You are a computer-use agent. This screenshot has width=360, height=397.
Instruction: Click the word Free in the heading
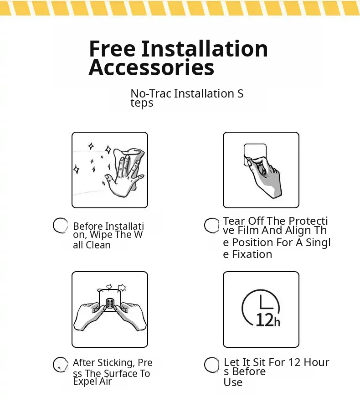(x=112, y=48)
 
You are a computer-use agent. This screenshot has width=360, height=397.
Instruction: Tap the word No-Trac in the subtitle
(x=151, y=93)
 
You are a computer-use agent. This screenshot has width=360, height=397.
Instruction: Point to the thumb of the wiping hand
(x=109, y=179)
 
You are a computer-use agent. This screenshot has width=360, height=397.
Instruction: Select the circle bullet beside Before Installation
(x=60, y=225)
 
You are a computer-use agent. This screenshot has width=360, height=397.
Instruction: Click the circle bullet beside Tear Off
(x=211, y=225)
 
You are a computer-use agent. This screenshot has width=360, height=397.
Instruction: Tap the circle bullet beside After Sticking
(x=61, y=365)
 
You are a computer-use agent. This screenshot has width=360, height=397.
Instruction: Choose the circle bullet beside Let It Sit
(x=211, y=365)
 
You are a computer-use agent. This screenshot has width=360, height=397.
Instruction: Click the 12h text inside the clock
(x=268, y=320)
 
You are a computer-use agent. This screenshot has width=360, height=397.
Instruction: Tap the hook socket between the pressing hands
(x=110, y=303)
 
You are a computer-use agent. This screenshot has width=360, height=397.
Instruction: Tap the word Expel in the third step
(x=84, y=382)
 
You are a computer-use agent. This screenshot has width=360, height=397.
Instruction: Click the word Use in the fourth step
(x=233, y=382)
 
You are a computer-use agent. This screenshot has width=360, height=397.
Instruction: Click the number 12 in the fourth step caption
(x=294, y=362)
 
